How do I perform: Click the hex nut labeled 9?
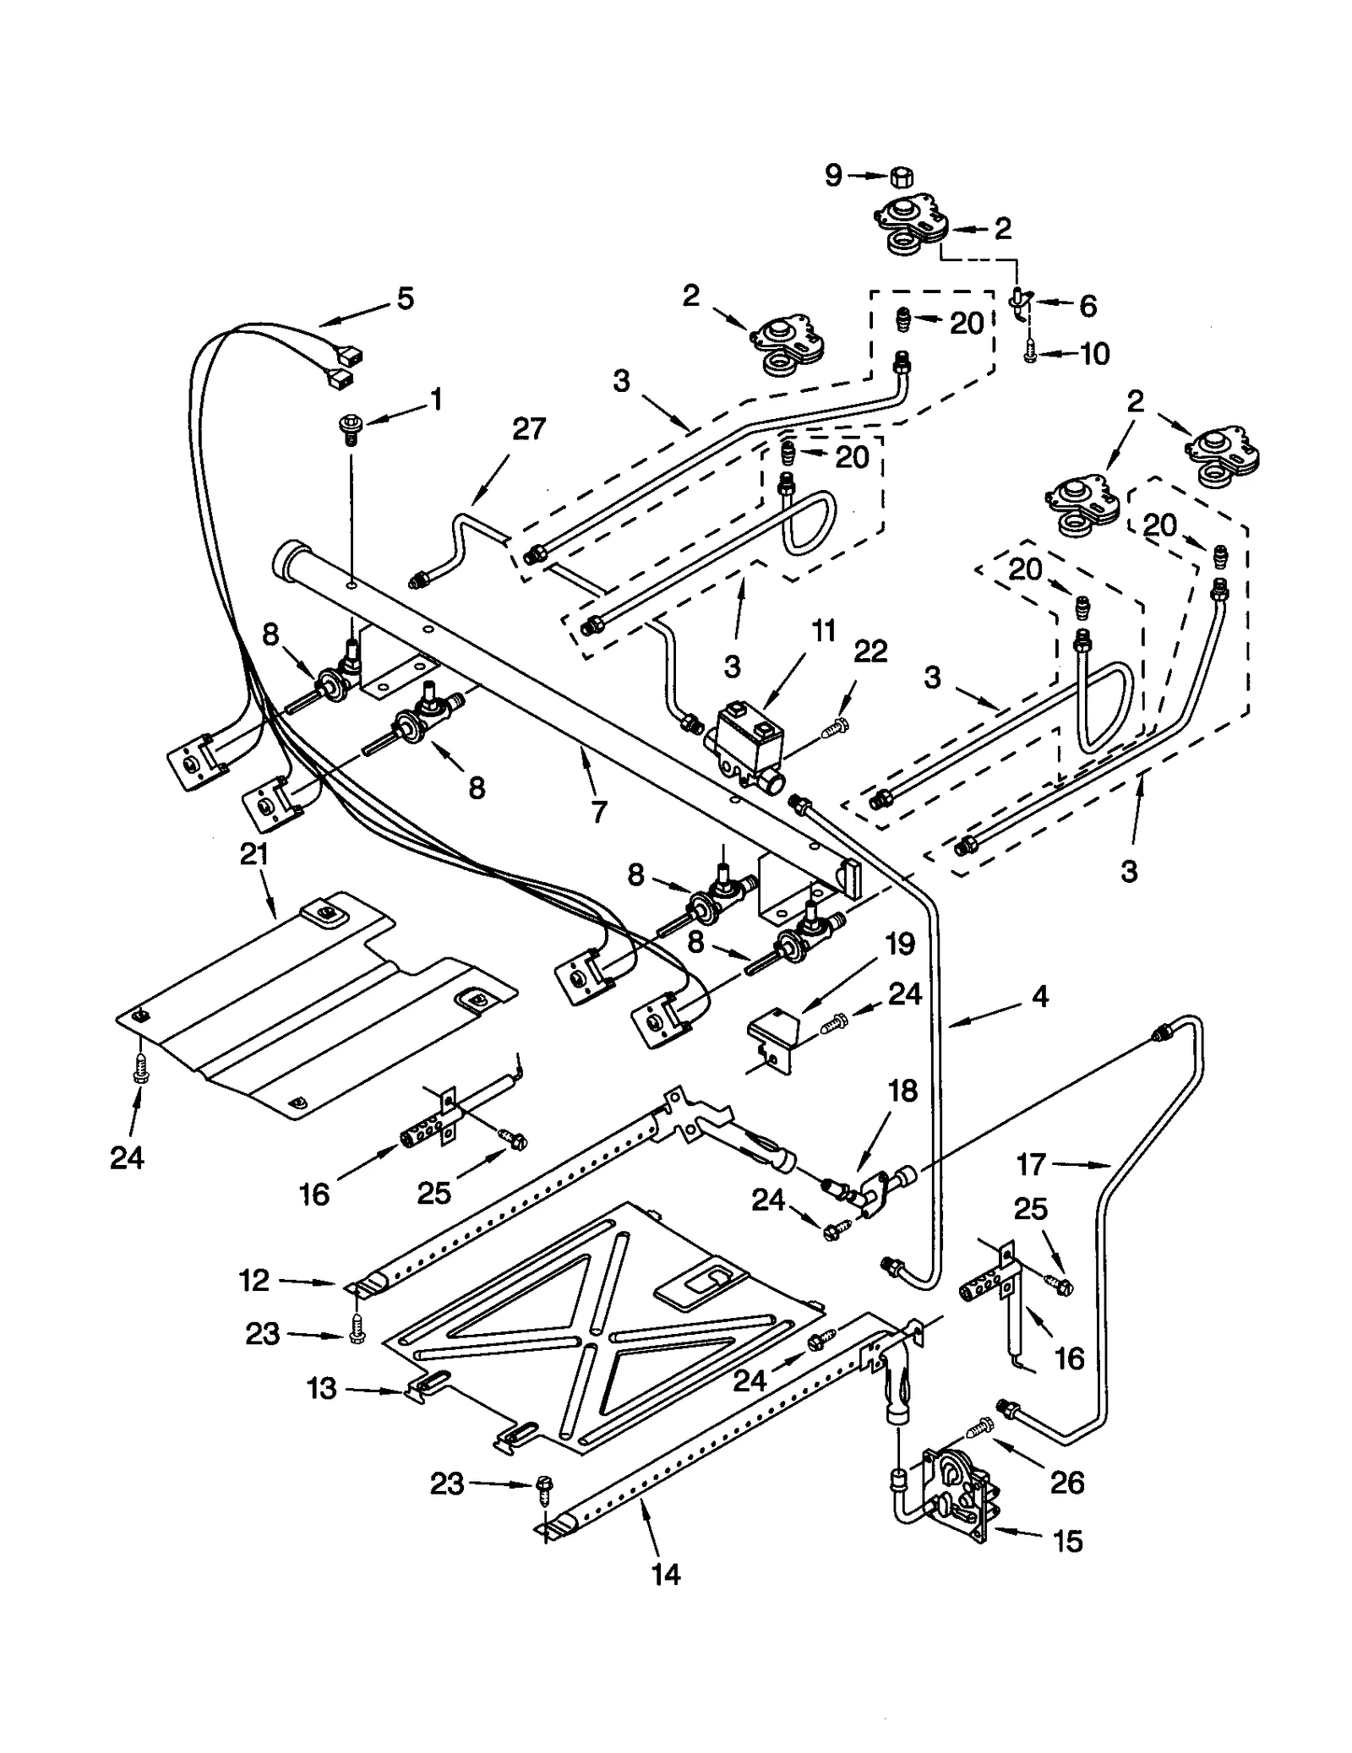[x=900, y=177]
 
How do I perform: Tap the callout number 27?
[x=529, y=429]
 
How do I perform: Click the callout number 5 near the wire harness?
[x=405, y=298]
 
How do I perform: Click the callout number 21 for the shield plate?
[x=254, y=855]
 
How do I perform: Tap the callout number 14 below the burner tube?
[x=667, y=1573]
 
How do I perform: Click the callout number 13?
[x=322, y=1389]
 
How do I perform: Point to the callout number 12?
[x=253, y=1281]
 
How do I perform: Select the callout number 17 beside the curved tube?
[x=1031, y=1165]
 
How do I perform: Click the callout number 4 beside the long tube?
[x=1040, y=997]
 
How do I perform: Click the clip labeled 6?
[x=1020, y=302]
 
